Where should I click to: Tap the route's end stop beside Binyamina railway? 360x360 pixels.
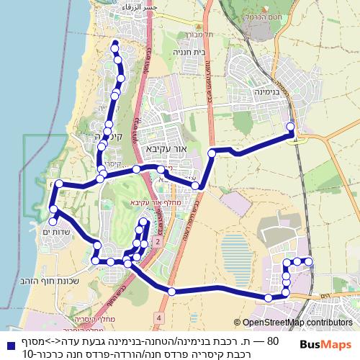291,127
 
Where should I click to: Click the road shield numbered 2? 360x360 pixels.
157,243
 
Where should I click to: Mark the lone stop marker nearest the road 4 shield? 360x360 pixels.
171,291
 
